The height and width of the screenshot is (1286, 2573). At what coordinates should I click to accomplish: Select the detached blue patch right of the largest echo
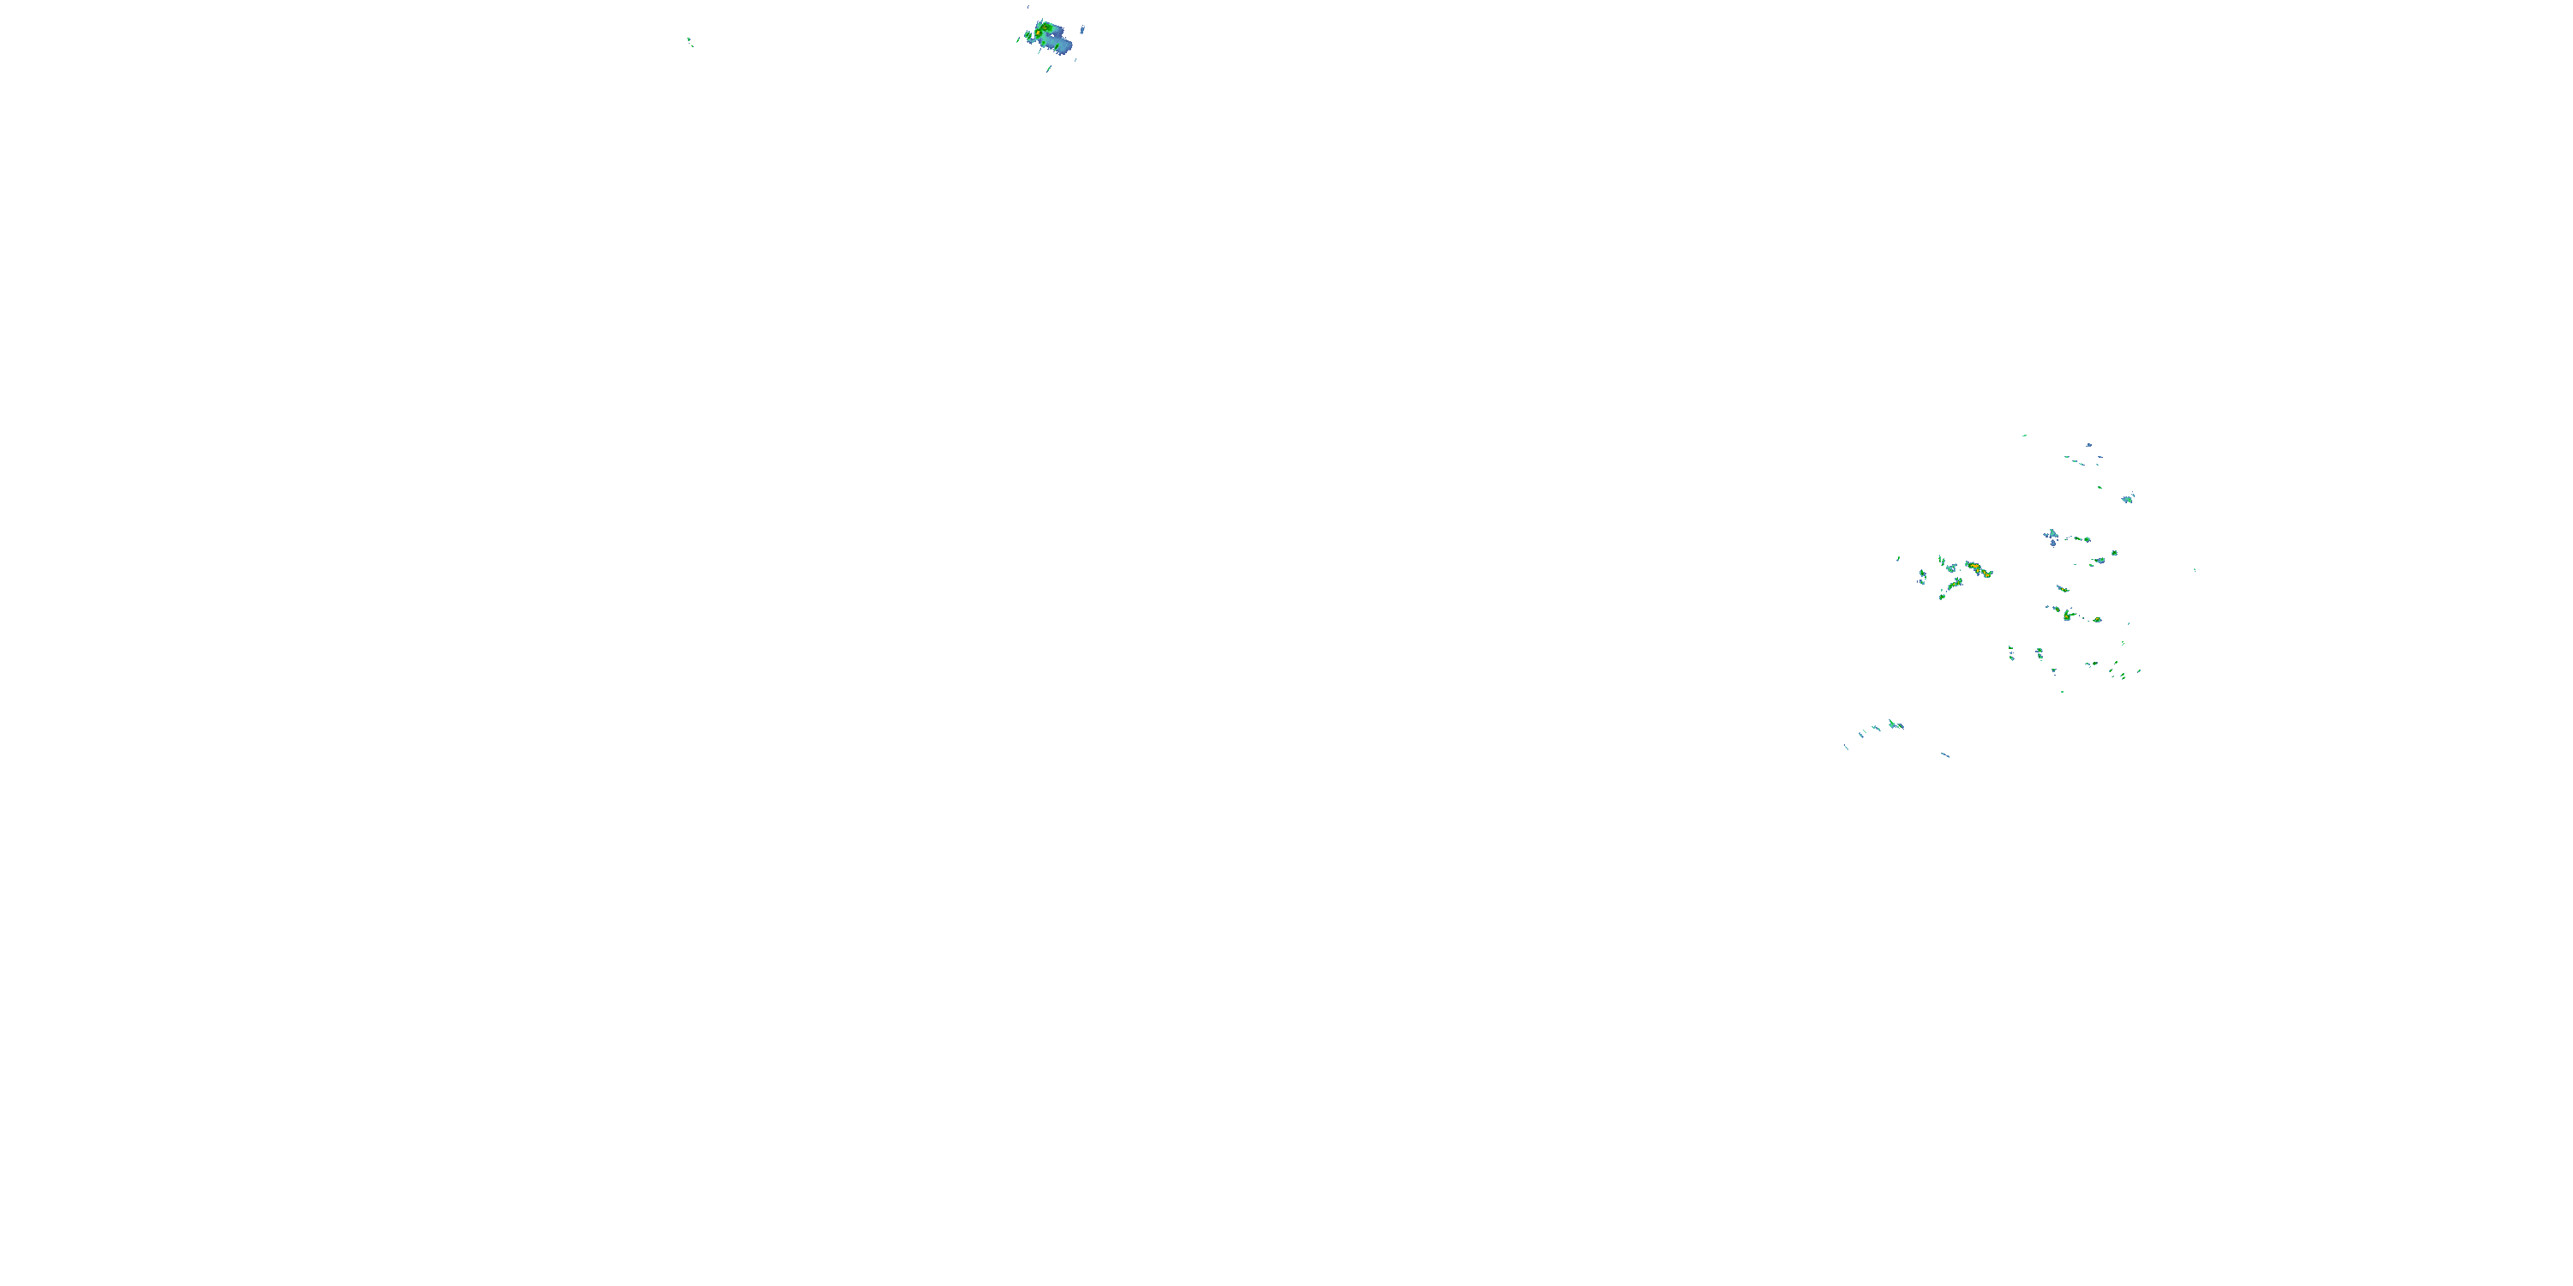[x=1082, y=30]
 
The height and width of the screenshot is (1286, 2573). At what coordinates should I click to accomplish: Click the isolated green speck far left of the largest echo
[x=690, y=41]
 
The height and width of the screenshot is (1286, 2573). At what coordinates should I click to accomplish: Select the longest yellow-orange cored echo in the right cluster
[x=1978, y=570]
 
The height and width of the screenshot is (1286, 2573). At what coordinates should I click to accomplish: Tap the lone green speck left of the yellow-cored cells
[x=1898, y=558]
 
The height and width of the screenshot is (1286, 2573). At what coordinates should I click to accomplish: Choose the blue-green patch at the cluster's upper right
[x=2128, y=498]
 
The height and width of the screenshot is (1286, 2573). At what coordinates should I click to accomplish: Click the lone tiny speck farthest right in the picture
[x=2193, y=570]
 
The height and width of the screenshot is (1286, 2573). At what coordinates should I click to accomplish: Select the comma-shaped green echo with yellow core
[x=2067, y=615]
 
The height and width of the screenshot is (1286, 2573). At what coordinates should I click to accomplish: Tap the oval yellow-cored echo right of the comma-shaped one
[x=2095, y=620]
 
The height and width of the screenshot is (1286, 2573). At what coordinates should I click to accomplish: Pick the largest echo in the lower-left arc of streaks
[x=1894, y=724]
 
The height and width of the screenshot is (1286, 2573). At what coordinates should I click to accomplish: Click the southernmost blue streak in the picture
[x=1944, y=754]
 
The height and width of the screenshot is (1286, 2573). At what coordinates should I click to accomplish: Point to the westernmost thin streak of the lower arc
[x=1846, y=747]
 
